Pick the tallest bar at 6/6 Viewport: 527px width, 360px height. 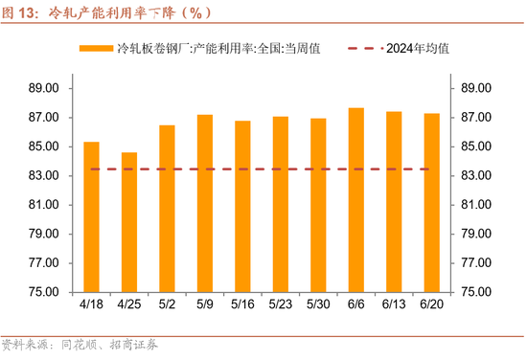point(355,200)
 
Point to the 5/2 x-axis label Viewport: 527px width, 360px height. point(167,305)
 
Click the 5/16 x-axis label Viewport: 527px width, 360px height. point(242,305)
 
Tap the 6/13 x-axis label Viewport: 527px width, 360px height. point(394,305)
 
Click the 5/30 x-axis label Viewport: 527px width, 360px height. point(318,305)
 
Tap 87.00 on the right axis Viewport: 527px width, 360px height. point(476,118)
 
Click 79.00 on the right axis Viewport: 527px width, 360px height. point(476,235)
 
